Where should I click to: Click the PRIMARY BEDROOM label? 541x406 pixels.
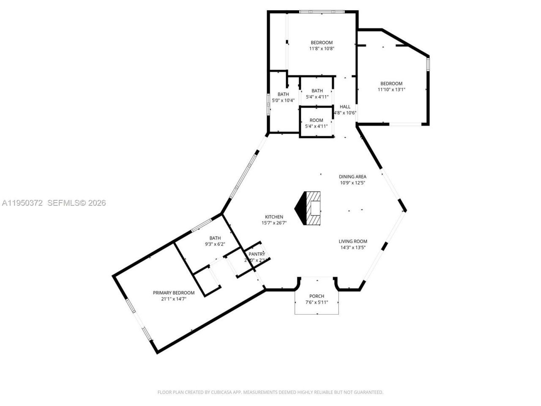click(x=174, y=293)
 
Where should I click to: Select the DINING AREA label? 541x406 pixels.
click(x=352, y=177)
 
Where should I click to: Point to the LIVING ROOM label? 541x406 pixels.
click(x=352, y=241)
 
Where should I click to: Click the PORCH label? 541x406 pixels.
click(x=317, y=296)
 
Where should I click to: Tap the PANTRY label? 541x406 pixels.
click(x=257, y=254)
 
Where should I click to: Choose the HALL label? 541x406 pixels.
click(x=345, y=107)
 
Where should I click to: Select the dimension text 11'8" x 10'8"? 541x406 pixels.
click(x=322, y=49)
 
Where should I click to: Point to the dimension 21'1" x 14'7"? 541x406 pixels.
click(x=174, y=299)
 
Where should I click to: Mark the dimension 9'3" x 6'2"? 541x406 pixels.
click(x=215, y=244)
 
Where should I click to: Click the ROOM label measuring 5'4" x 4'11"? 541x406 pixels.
click(x=316, y=120)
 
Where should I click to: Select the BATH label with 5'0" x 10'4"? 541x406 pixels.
click(x=283, y=94)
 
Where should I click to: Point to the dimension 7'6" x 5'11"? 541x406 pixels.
click(x=317, y=302)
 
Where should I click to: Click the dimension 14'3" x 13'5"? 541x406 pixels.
click(x=352, y=248)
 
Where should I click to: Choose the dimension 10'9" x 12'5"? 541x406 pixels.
click(x=352, y=183)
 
